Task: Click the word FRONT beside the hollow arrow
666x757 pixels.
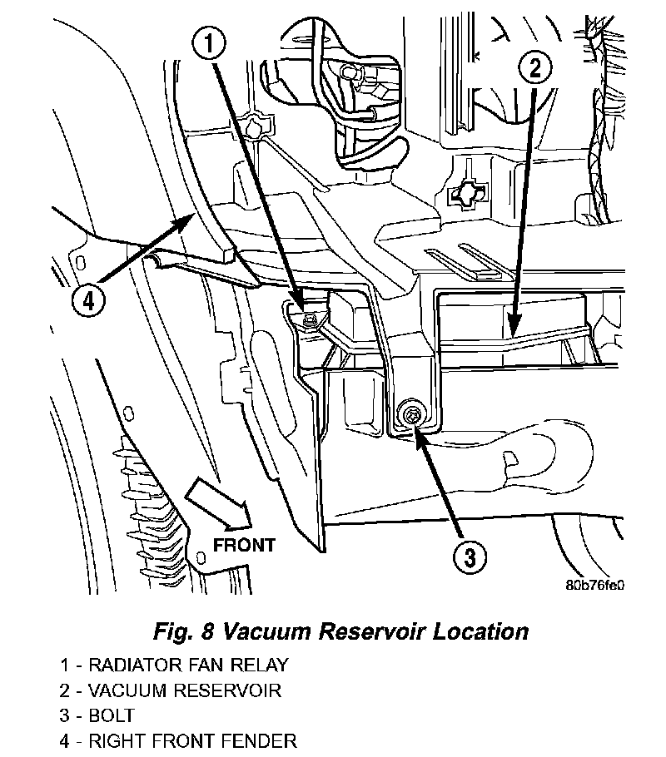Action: pos(244,546)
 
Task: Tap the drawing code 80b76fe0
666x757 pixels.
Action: pos(595,584)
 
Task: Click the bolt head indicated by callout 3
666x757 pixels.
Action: pos(410,414)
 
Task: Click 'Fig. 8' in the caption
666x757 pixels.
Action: pos(180,631)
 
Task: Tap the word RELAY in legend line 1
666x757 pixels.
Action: pos(259,665)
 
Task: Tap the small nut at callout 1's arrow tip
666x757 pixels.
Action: pos(310,318)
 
